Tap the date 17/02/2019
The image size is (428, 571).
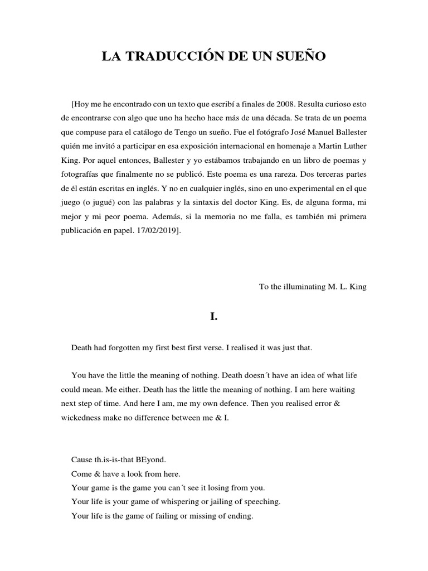[x=157, y=230]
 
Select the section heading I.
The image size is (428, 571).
[x=213, y=316]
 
